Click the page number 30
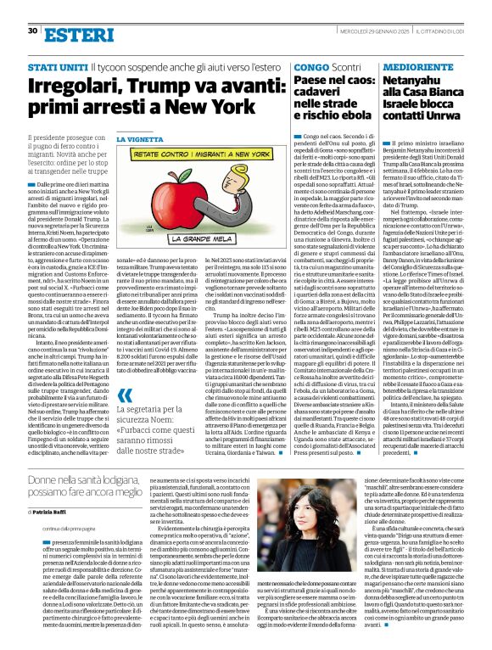click(32, 31)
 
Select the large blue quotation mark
click(125, 417)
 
